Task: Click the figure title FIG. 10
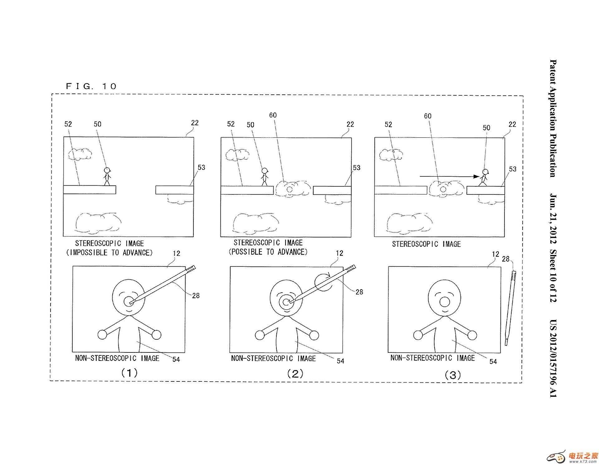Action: point(91,86)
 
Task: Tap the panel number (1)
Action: point(129,373)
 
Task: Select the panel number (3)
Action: point(452,375)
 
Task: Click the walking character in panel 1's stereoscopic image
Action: point(107,176)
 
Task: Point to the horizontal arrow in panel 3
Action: point(449,176)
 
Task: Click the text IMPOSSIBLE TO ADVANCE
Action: point(110,252)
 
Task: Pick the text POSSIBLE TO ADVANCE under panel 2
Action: point(268,252)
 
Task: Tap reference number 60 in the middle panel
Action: point(273,115)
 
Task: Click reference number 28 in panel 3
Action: point(505,259)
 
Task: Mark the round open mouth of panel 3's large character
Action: point(444,302)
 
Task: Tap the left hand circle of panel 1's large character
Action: point(102,335)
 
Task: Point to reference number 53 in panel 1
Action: point(202,168)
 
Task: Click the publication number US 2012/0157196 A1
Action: point(553,358)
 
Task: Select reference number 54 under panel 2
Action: point(340,361)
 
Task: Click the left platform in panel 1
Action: point(90,189)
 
